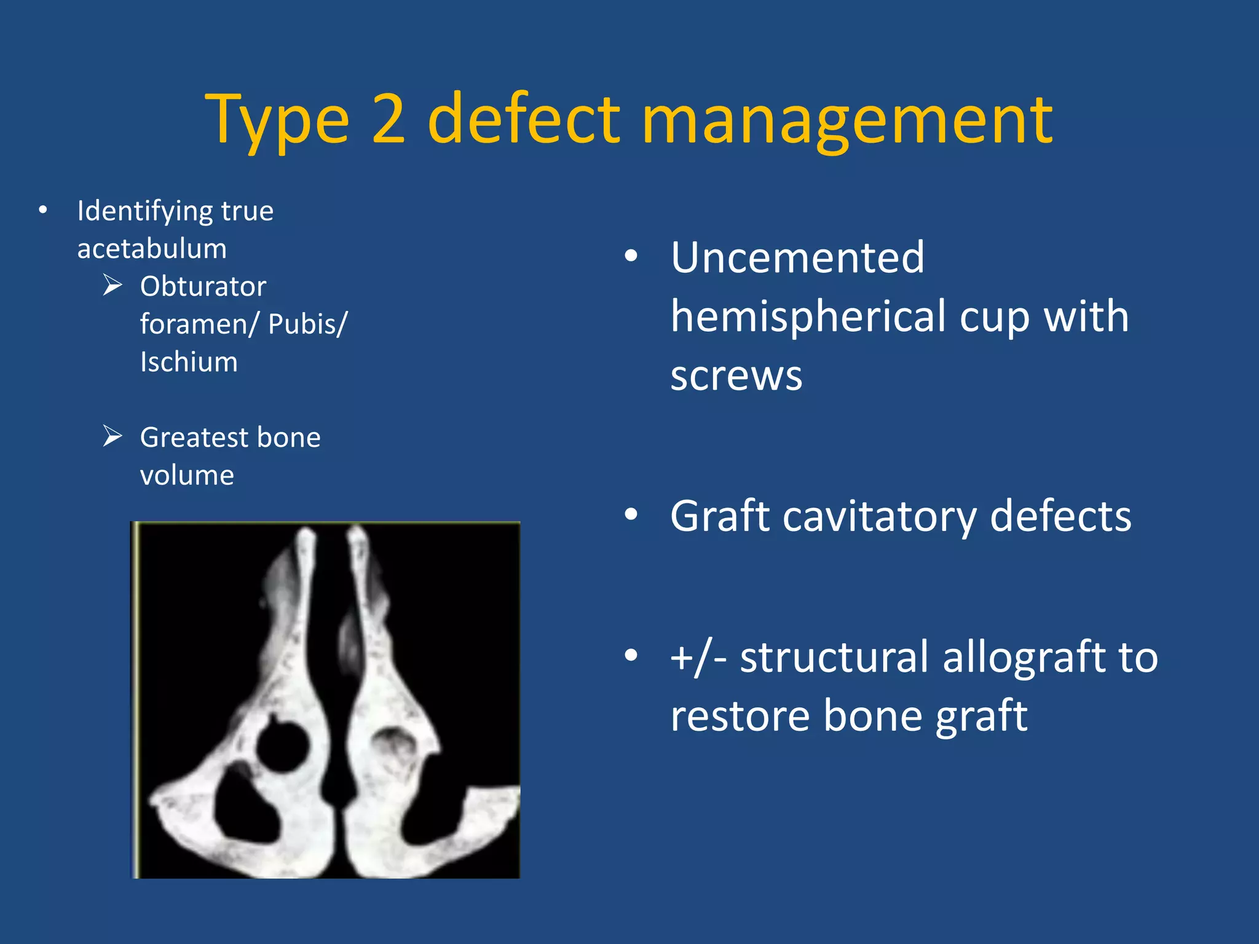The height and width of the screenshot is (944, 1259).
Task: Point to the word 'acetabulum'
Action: pos(152,249)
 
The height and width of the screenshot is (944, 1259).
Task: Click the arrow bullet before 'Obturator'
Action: pos(112,285)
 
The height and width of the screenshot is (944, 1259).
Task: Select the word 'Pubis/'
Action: pos(308,324)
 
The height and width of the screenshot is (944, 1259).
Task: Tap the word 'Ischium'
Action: pos(189,362)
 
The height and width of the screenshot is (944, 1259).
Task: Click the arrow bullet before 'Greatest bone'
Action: pos(112,436)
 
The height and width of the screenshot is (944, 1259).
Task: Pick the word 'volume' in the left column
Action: pos(187,475)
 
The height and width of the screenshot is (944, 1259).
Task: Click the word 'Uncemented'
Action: pos(797,257)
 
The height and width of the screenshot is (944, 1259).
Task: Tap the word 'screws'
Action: pos(736,376)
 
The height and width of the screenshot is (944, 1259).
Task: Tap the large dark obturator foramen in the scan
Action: pos(246,811)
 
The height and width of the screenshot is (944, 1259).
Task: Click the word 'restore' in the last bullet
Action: pos(740,716)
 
